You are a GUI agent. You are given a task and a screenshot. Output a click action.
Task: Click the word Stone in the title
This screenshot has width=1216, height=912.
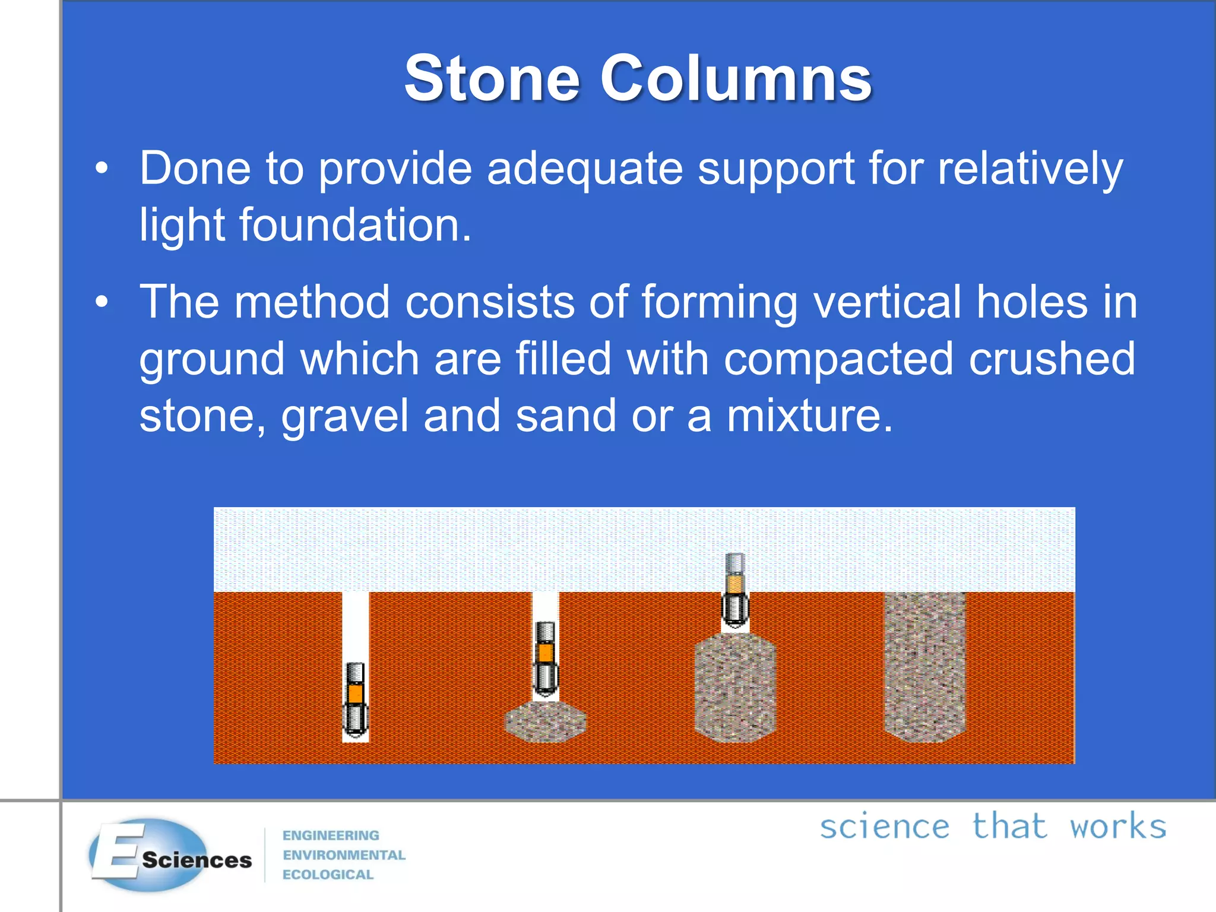coord(492,79)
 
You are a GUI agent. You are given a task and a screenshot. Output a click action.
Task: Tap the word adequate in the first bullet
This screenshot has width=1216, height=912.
coord(584,169)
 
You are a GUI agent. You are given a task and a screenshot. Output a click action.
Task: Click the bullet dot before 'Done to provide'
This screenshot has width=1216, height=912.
coord(102,169)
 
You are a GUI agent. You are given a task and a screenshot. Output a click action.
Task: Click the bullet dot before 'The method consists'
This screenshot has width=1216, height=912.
coord(102,302)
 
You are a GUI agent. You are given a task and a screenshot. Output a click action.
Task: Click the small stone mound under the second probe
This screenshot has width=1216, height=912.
coord(545,721)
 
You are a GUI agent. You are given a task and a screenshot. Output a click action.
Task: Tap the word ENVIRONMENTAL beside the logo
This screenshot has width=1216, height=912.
coord(344,855)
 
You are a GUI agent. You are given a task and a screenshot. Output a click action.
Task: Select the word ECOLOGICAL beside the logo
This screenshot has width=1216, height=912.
coord(328,875)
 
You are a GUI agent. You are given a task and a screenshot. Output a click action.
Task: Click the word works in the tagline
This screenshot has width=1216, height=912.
coord(1117,826)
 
